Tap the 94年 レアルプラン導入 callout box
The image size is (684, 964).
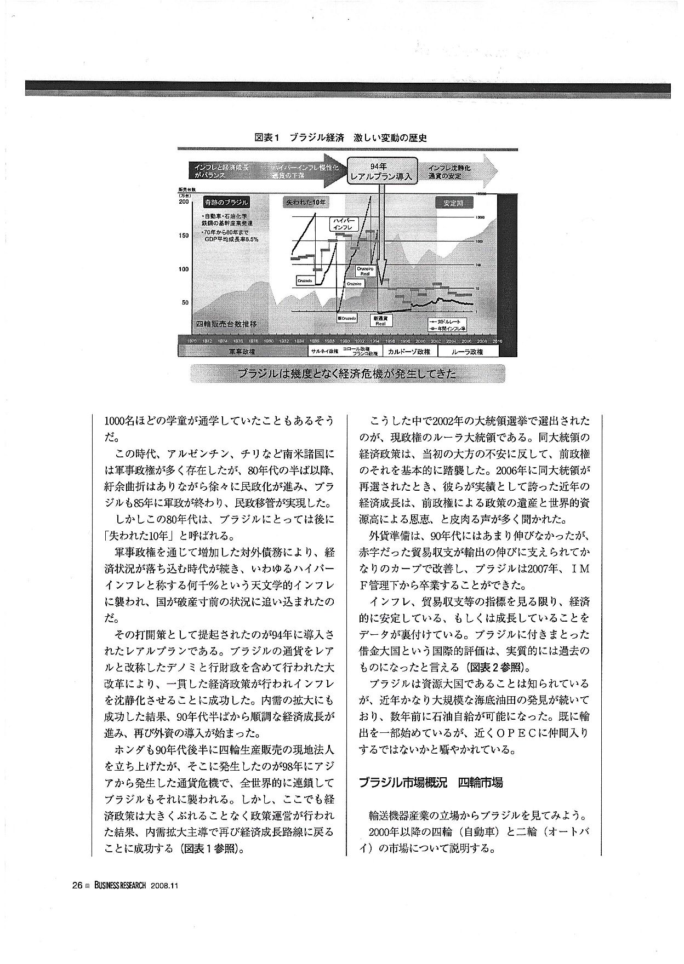[x=383, y=171]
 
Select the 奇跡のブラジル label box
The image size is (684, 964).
[x=226, y=202]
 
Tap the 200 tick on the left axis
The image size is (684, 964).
[x=184, y=202]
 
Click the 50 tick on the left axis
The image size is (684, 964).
[x=185, y=302]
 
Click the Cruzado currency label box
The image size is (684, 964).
[x=304, y=280]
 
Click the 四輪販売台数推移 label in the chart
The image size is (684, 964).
[x=226, y=324]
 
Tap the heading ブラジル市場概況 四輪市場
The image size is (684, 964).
[x=431, y=783]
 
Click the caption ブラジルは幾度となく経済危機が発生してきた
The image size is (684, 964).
[x=347, y=374]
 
